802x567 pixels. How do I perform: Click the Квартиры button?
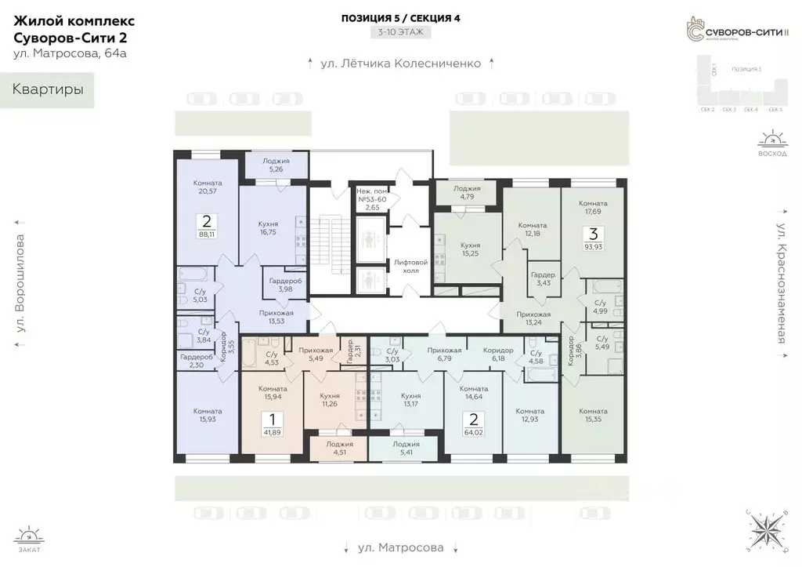47,89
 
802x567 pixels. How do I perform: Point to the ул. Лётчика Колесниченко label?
400,64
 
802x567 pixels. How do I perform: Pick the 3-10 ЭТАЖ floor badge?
400,33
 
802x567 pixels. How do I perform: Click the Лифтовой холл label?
411,266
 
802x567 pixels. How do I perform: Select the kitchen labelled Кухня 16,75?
269,228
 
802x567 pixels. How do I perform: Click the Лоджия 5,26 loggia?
276,163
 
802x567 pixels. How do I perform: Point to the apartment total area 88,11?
208,233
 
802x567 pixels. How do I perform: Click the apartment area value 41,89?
272,432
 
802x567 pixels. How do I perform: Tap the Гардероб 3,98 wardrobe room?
281,285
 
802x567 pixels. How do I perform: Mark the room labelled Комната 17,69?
593,208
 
